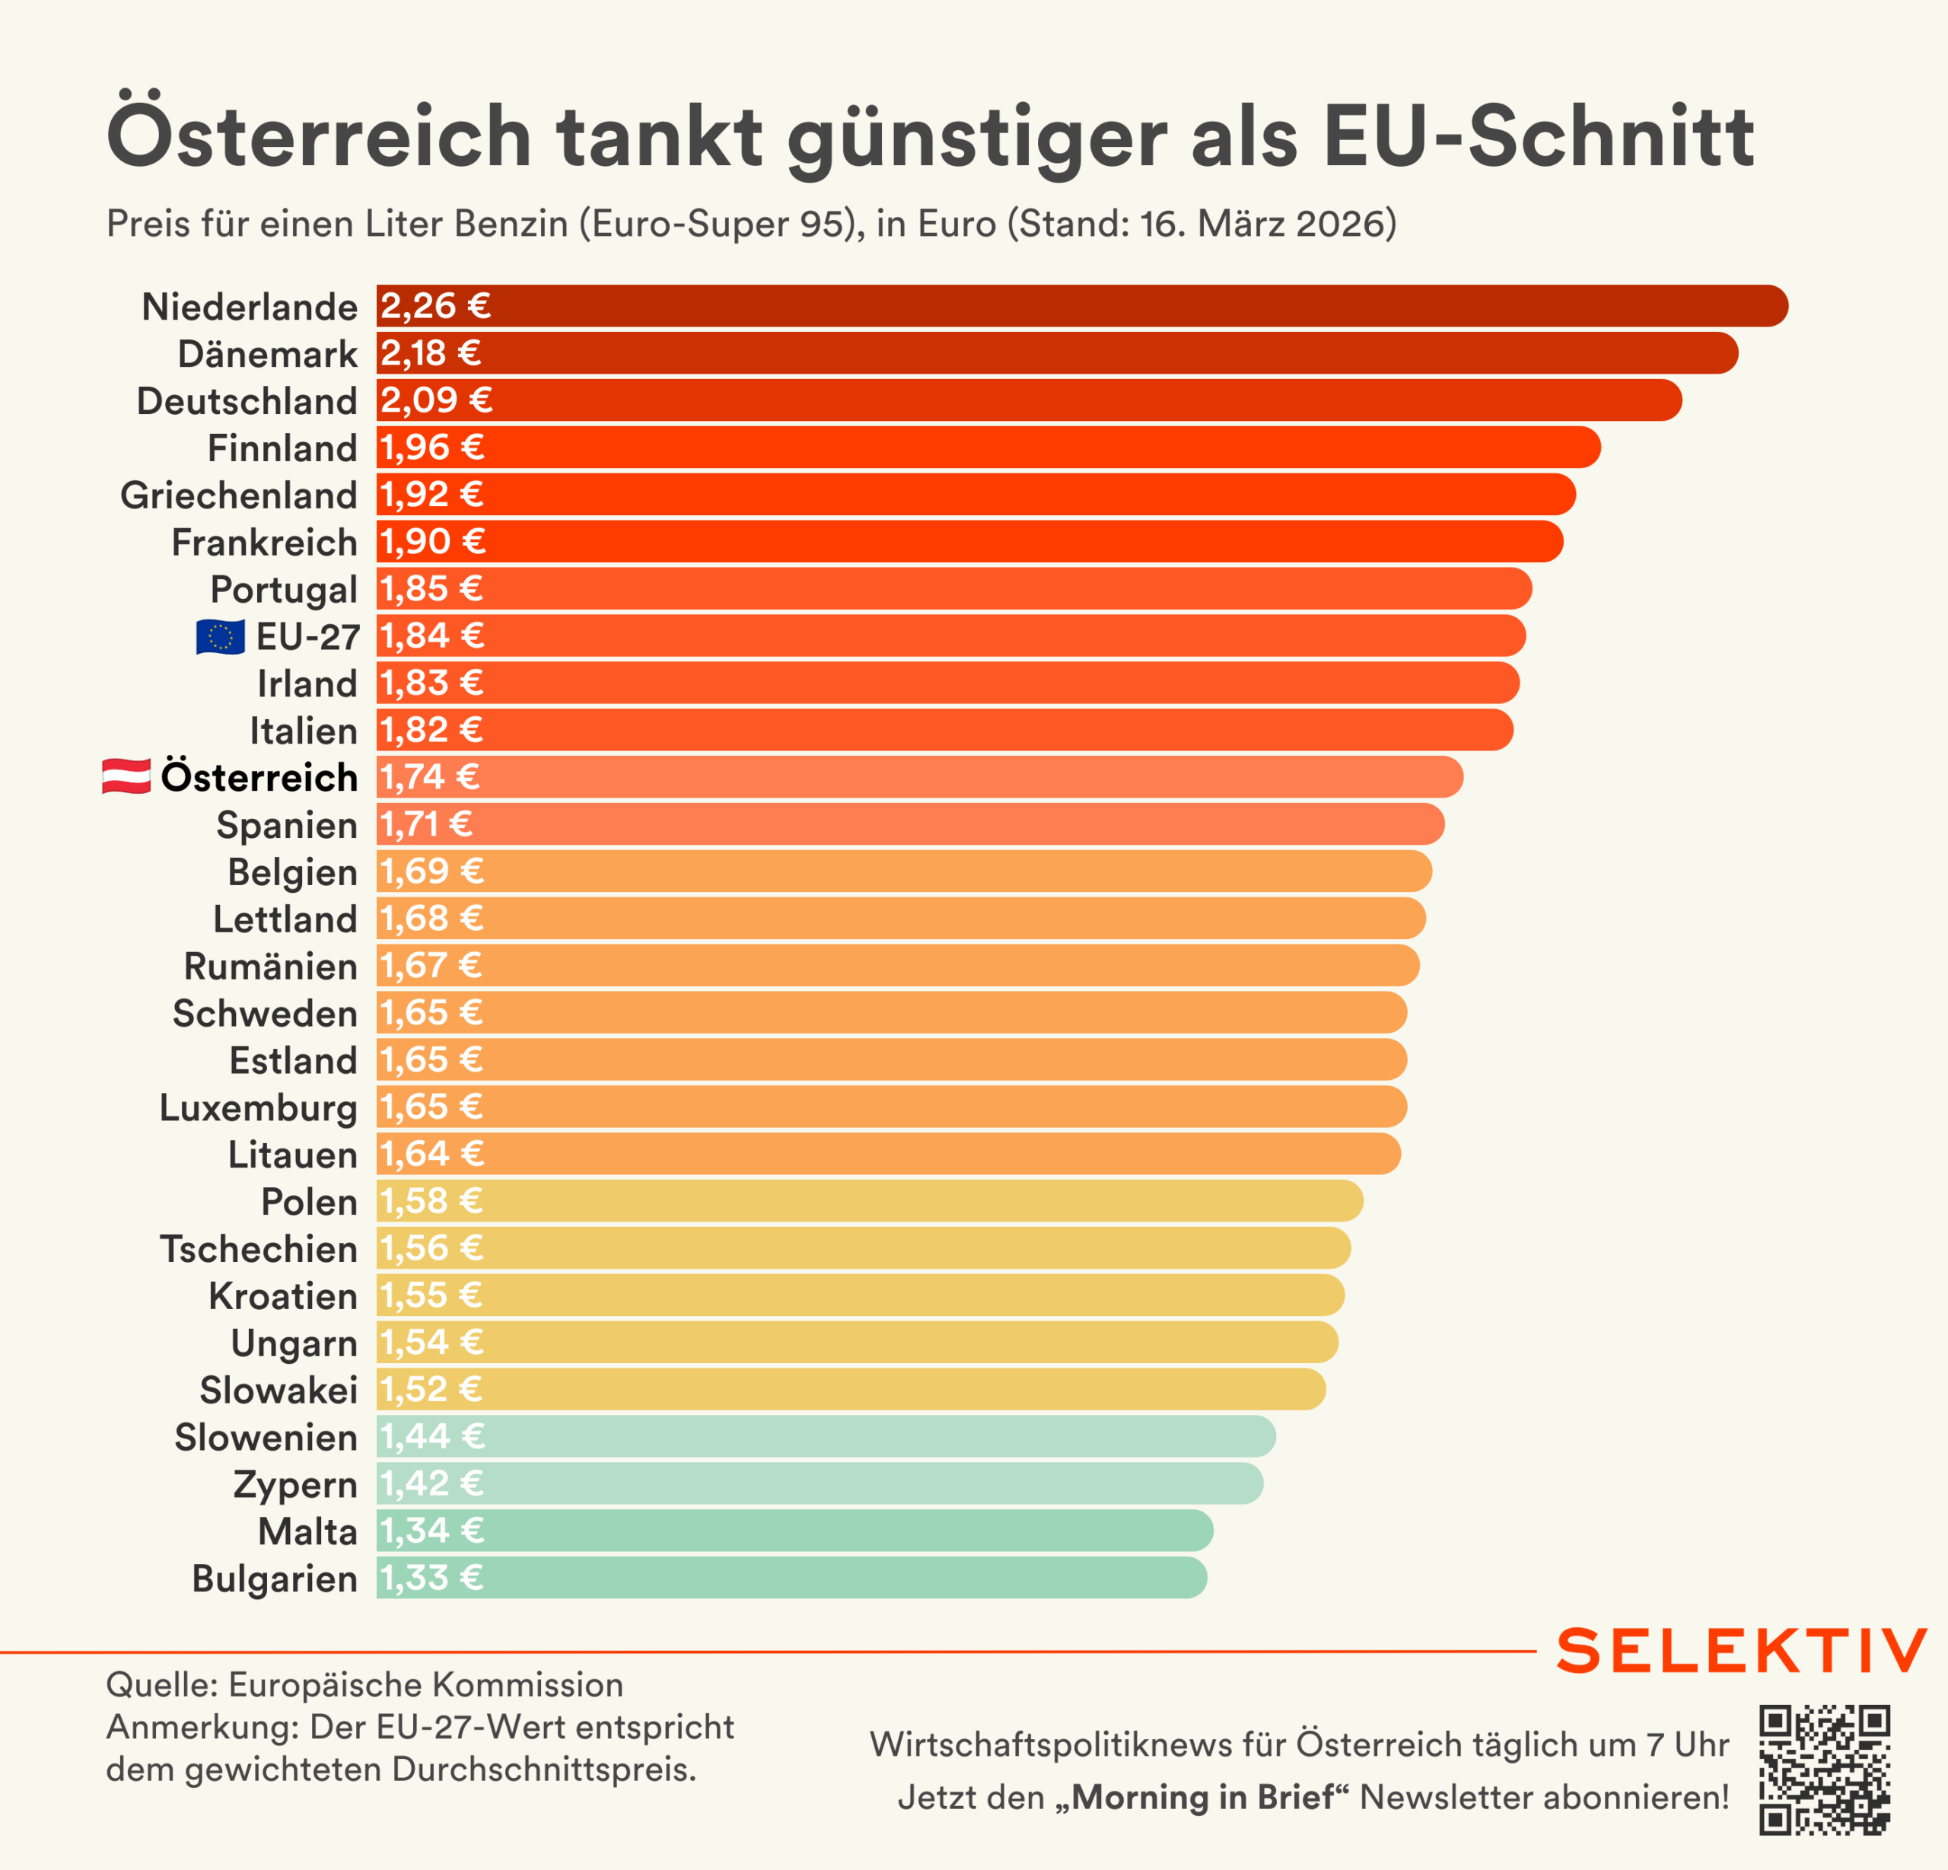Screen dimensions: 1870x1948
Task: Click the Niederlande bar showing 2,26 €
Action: coord(1081,306)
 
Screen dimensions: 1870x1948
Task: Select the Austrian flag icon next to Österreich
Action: coord(126,776)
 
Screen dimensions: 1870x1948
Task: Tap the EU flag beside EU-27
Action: coord(221,636)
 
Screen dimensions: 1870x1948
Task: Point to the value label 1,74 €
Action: coord(429,776)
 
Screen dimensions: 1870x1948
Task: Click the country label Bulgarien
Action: coord(274,1579)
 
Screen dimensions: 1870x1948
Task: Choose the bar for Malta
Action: coord(794,1531)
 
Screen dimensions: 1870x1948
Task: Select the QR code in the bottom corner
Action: coord(1824,1770)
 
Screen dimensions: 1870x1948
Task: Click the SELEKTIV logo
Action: coord(1741,1652)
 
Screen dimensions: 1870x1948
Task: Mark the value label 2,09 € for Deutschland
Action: coord(436,400)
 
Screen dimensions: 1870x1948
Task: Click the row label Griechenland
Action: coord(238,495)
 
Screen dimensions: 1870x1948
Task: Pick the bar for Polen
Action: coord(870,1201)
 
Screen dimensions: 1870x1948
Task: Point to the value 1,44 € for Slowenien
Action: coord(432,1436)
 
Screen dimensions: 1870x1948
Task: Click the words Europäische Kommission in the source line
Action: coord(425,1685)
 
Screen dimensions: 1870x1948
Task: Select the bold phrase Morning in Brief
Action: coord(1202,1798)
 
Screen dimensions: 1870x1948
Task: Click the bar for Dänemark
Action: coord(1056,354)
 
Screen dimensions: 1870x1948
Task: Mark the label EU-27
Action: coord(307,636)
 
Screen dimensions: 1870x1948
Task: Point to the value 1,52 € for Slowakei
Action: coord(431,1390)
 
